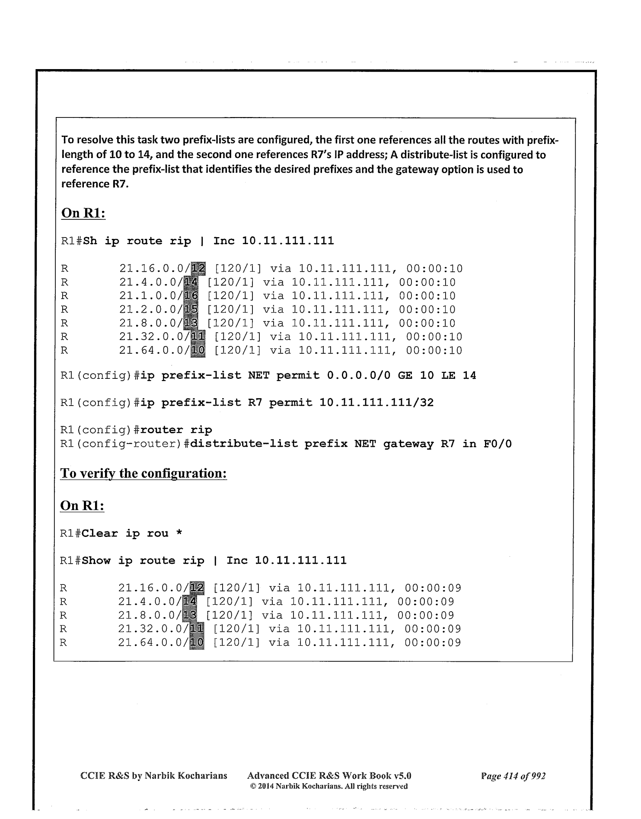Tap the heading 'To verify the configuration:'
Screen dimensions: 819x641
[x=144, y=473]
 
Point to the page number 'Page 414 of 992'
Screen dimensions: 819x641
[x=513, y=776]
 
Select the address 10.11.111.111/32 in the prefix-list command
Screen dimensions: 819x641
[x=376, y=403]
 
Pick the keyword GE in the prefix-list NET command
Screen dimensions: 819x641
[x=405, y=376]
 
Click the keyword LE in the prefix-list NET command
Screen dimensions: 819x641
[x=448, y=376]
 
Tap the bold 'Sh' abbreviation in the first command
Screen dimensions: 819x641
[x=90, y=241]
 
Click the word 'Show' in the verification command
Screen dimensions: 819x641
[x=96, y=561]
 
